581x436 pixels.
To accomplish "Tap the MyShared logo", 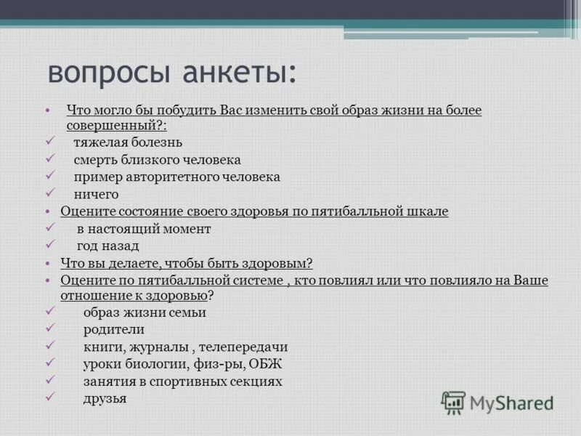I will pos(497,402).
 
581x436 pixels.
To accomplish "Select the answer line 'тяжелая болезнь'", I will pos(127,142).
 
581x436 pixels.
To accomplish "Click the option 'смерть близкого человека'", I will pos(157,159).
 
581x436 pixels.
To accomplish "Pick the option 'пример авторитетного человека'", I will pos(176,177).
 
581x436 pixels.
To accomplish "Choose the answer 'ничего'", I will pos(96,194).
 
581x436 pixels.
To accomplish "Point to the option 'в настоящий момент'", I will pos(144,229).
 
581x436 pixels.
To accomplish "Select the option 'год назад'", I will pos(107,246).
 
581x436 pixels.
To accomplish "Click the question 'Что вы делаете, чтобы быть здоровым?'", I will pos(187,263).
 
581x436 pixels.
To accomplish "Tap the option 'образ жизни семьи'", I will pos(145,312).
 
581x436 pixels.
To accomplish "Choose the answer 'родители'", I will pos(113,329).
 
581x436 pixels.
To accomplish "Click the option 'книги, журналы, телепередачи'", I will pos(185,347).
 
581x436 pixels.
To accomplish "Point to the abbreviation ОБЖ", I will pos(265,364).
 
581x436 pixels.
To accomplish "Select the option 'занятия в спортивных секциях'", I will pos(182,381).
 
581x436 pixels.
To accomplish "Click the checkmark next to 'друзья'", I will pos(50,397).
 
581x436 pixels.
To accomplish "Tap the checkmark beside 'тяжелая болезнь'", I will pos(50,140).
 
